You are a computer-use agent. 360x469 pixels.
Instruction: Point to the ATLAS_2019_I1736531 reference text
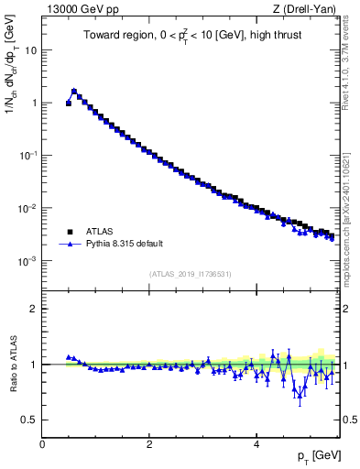[x=191, y=274]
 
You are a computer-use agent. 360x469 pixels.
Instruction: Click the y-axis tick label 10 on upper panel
[x=30, y=50]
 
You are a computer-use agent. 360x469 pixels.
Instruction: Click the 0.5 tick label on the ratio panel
[x=29, y=420]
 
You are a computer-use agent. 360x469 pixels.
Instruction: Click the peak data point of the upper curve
[x=74, y=91]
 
